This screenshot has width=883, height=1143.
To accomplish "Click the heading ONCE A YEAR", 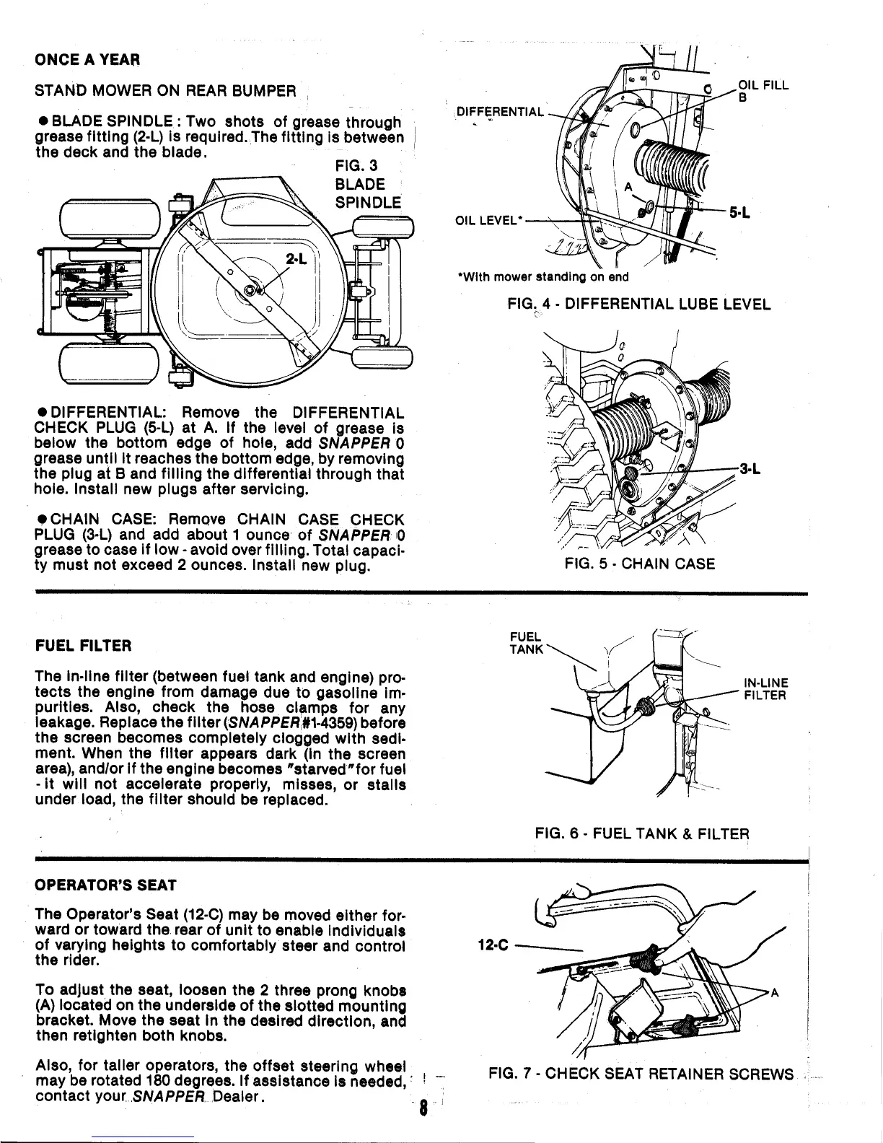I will [87, 58].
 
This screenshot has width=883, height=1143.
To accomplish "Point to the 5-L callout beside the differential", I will [739, 213].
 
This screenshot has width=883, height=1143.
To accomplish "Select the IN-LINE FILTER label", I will [765, 689].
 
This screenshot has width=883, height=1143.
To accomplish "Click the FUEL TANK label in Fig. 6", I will [525, 641].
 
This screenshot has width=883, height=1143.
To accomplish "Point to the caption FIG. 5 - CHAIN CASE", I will [640, 564].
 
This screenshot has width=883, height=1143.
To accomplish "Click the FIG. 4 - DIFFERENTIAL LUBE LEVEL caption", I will [639, 304].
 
